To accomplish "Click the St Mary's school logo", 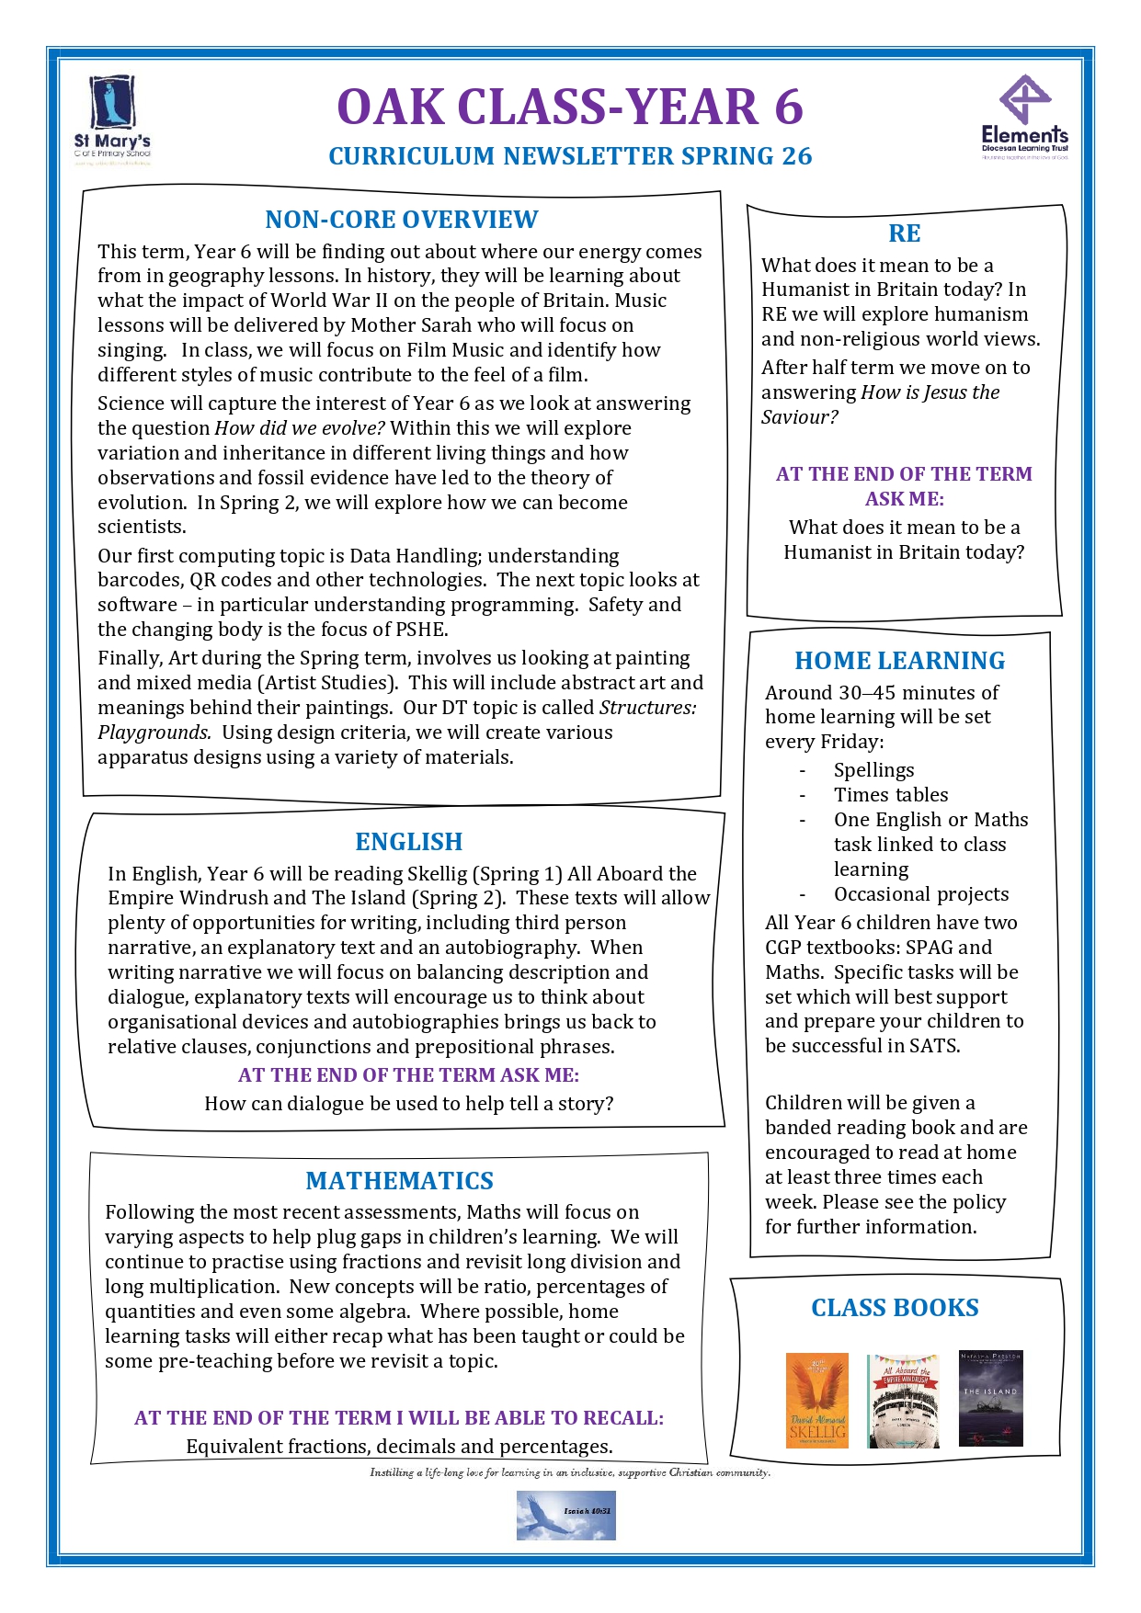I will pos(112,119).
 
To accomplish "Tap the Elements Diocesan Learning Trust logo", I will pos(1024,118).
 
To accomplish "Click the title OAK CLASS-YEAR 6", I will pos(570,106).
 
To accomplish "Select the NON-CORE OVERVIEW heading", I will pos(402,220).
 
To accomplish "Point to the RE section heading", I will pos(905,233).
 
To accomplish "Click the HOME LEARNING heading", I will pos(899,661).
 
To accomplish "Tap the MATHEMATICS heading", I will pos(399,1181).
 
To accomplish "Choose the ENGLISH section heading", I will pos(409,842).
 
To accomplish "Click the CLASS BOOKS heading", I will pos(895,1308).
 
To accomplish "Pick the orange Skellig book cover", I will pos(816,1400).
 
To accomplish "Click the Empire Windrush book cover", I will pos(903,1400).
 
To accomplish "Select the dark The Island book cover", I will pos(990,1398).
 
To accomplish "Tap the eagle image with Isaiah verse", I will pos(565,1515).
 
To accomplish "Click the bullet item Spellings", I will pos(873,770).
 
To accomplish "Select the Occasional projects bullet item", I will pos(920,894).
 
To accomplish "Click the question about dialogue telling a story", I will pos(408,1104).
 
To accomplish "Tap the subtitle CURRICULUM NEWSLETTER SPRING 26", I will pos(570,156).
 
